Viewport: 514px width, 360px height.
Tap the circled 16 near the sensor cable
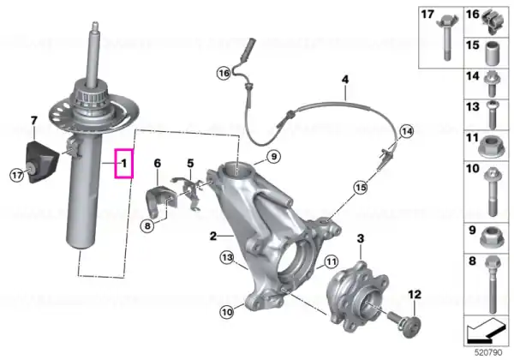pos(224,75)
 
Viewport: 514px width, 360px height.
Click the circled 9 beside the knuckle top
pos(272,156)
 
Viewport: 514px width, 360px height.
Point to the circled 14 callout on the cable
pos(405,131)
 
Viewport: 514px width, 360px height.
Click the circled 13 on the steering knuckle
pos(227,257)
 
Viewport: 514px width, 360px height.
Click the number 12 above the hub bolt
pos(414,294)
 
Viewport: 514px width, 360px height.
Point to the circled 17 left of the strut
pos(15,176)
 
